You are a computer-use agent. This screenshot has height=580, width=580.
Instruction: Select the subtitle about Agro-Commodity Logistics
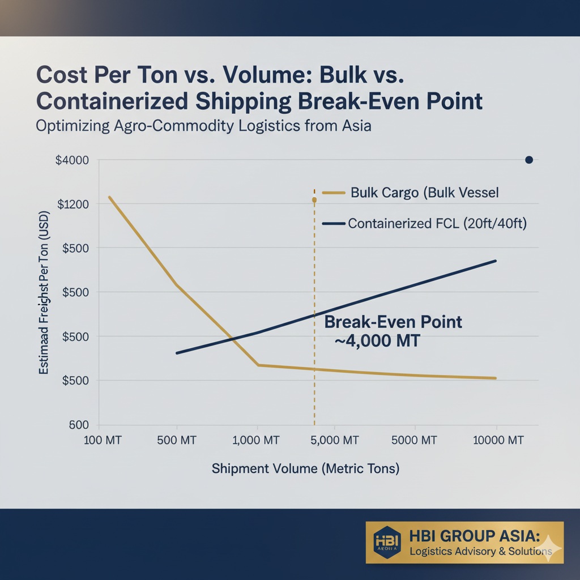coord(203,125)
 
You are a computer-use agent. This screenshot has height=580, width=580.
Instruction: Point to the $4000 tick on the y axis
coord(72,160)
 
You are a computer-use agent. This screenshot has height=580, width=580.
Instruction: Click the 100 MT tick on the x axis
coord(103,441)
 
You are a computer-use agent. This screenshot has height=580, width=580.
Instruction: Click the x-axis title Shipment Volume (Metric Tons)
coord(305,469)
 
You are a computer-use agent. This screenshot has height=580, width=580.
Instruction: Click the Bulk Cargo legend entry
coord(424,193)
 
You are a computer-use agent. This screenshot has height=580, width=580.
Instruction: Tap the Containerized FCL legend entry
coord(437,224)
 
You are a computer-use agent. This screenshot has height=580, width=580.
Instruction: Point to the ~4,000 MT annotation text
coord(377,342)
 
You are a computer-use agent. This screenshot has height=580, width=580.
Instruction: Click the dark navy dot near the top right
coord(529,160)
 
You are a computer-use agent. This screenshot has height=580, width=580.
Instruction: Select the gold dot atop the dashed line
coord(314,200)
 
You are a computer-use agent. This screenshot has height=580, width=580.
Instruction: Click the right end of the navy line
coord(496,261)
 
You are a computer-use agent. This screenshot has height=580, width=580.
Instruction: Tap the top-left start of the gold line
coord(109,197)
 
